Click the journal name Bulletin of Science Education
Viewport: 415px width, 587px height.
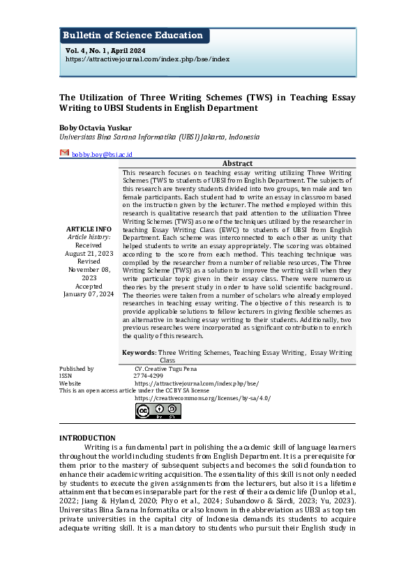pos(133,36)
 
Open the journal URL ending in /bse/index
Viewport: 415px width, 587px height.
pos(147,59)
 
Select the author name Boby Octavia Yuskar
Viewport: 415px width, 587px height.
pos(95,128)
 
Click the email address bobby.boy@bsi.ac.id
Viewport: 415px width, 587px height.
pos(102,154)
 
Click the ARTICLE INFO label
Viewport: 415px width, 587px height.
pos(88,229)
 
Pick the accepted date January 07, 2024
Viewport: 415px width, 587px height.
pos(88,294)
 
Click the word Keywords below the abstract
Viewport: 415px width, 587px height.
pos(138,353)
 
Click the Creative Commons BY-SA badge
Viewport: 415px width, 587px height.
pos(158,411)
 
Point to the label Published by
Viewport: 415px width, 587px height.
pos(77,368)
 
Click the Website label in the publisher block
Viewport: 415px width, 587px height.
pos(70,383)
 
